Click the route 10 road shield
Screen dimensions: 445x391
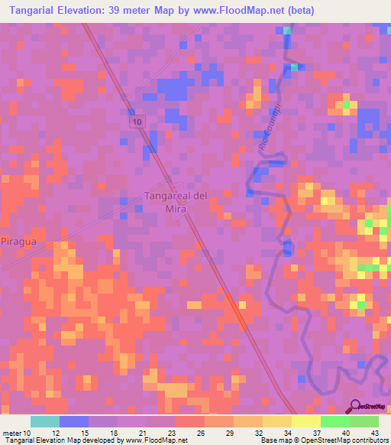(136, 122)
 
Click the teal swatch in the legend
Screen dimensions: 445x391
(45, 421)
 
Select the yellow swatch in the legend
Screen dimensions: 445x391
(306, 421)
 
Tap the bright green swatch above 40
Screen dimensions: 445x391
(335, 421)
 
